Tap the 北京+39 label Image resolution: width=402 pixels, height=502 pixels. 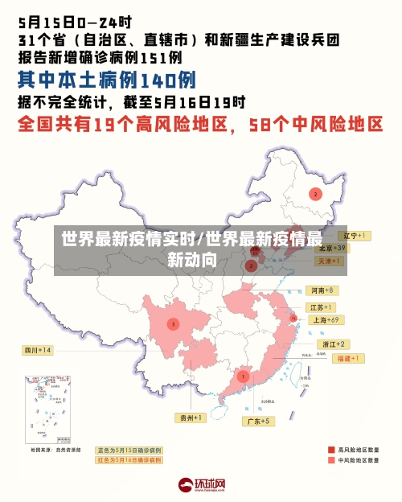tap(330, 249)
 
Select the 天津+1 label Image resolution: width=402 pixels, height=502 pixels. tap(329, 261)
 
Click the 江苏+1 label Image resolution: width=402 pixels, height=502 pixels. tap(322, 307)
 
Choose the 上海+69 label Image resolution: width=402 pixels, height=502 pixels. tap(326, 319)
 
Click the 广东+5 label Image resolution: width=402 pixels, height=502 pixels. tap(258, 421)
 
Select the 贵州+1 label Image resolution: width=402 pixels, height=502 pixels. tap(191, 418)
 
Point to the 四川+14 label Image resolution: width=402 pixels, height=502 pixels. tap(38, 351)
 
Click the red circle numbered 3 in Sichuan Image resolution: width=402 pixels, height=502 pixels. tap(173, 324)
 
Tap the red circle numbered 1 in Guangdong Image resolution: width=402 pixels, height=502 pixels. tap(243, 376)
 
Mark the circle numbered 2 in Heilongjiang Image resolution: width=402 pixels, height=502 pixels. tap(315, 194)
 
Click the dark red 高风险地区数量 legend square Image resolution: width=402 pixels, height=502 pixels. tap(330, 449)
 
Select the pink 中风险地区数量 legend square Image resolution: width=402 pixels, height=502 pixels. tap(330, 461)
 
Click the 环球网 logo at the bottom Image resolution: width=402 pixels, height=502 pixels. tap(200, 484)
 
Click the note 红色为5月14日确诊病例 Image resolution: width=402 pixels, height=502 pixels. tap(129, 460)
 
